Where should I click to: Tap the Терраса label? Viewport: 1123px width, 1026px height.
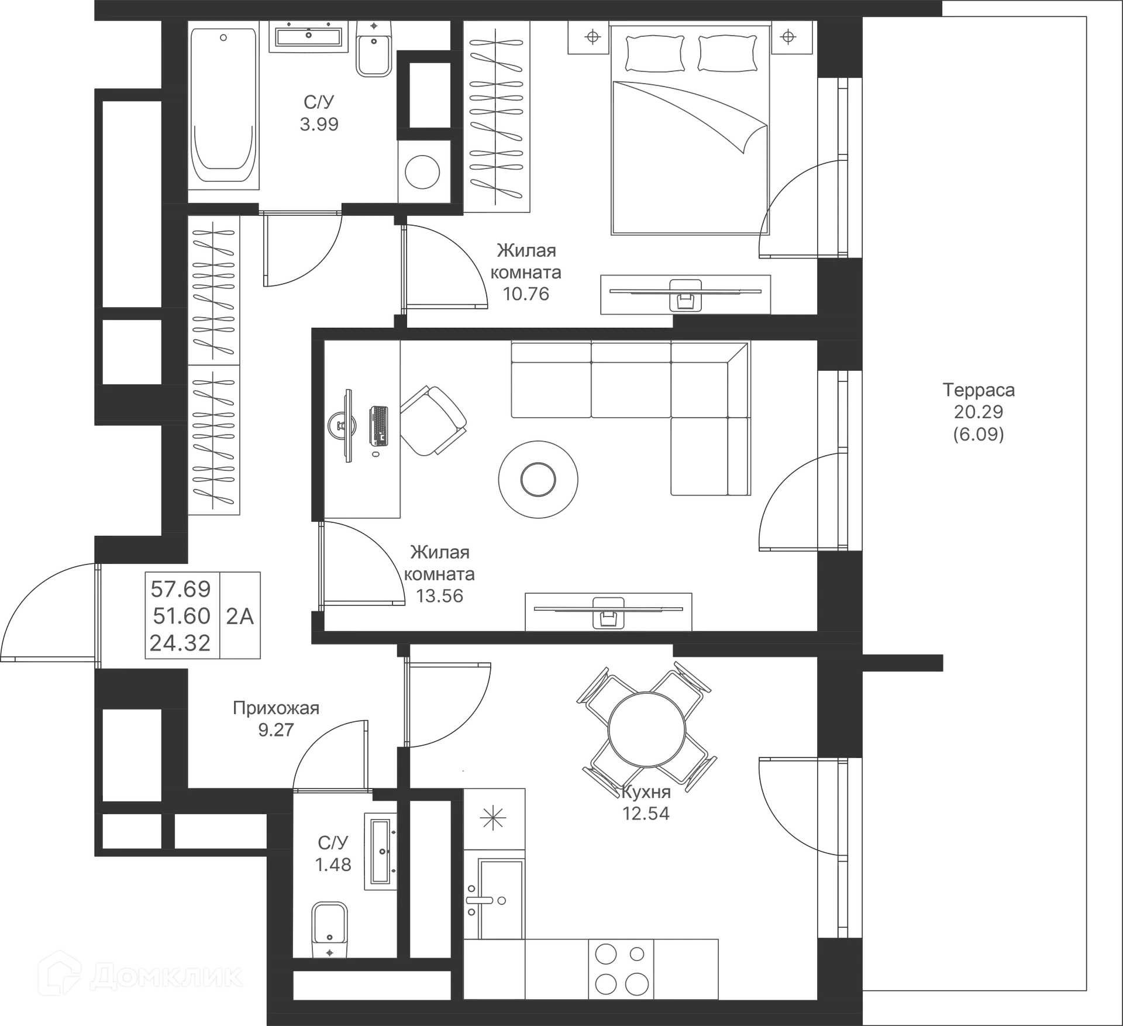(980, 390)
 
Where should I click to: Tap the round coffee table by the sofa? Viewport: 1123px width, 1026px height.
(538, 478)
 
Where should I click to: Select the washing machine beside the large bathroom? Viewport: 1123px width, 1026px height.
(423, 171)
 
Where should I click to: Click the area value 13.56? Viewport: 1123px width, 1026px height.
(440, 595)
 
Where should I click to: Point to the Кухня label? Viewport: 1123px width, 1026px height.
(647, 792)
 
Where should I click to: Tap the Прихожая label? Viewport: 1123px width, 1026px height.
(277, 708)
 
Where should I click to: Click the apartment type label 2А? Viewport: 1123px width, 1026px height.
(240, 615)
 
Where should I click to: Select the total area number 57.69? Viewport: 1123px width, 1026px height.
(180, 588)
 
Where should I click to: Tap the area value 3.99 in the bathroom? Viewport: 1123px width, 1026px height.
(319, 124)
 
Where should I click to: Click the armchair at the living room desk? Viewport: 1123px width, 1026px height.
(433, 419)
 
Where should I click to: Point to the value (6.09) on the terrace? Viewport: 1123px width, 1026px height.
(979, 434)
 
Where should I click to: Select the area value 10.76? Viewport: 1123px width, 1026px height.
(526, 294)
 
